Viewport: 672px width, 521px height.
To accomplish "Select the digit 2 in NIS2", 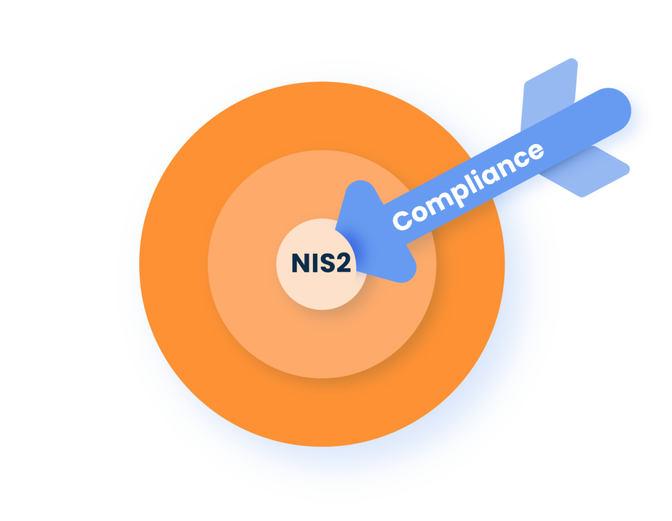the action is (x=342, y=264).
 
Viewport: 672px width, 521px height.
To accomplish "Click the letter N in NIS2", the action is (x=301, y=264).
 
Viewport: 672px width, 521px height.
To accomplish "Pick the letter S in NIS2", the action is (x=325, y=264).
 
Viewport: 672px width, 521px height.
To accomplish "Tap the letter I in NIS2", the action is (x=313, y=264).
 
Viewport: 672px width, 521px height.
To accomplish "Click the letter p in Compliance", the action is (x=454, y=195).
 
